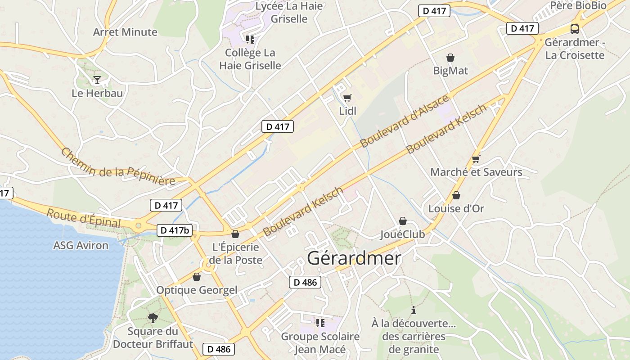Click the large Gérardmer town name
click(354, 258)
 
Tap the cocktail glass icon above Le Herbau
click(97, 80)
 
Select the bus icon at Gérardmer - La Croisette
click(575, 29)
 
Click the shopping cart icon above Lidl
click(347, 98)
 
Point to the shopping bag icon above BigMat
click(450, 58)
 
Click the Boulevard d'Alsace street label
click(405, 121)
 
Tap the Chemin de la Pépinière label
click(118, 167)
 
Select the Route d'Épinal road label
click(84, 218)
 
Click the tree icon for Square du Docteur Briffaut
click(153, 318)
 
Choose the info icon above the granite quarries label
click(414, 310)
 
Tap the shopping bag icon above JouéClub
click(403, 221)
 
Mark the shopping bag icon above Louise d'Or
click(456, 195)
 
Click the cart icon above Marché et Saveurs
click(476, 159)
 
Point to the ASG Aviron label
click(81, 245)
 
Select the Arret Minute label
click(125, 32)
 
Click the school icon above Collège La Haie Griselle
click(250, 40)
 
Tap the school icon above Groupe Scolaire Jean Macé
click(320, 323)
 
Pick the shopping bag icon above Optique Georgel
click(197, 276)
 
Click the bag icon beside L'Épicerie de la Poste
click(235, 234)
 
